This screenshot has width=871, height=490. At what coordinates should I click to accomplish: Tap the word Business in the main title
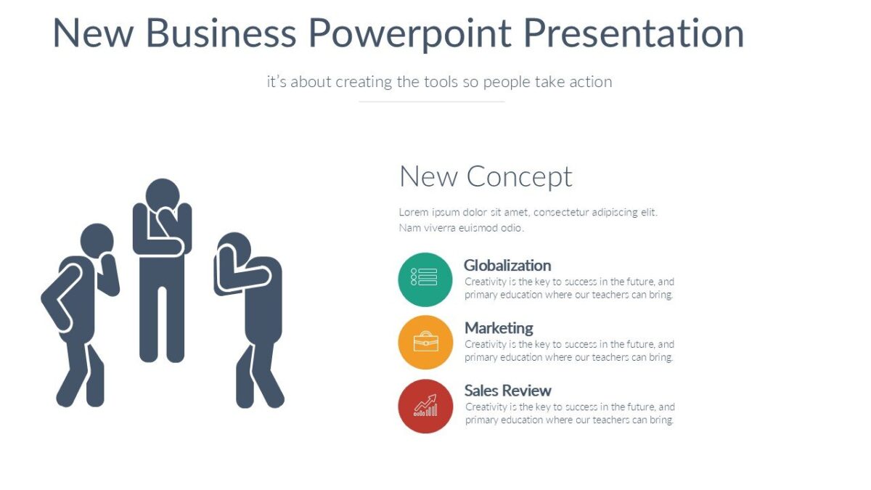click(x=221, y=33)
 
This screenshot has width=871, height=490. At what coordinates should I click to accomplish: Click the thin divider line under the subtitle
click(x=431, y=102)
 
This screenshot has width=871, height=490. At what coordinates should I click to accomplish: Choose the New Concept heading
click(x=486, y=176)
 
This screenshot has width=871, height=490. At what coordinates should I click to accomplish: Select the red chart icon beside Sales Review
click(x=425, y=406)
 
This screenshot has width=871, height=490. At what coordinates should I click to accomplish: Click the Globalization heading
click(x=507, y=266)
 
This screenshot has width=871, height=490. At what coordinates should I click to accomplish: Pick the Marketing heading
click(x=499, y=328)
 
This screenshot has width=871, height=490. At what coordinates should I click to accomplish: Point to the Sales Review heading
click(x=508, y=391)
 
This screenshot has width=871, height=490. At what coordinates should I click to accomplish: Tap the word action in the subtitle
click(x=590, y=82)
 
